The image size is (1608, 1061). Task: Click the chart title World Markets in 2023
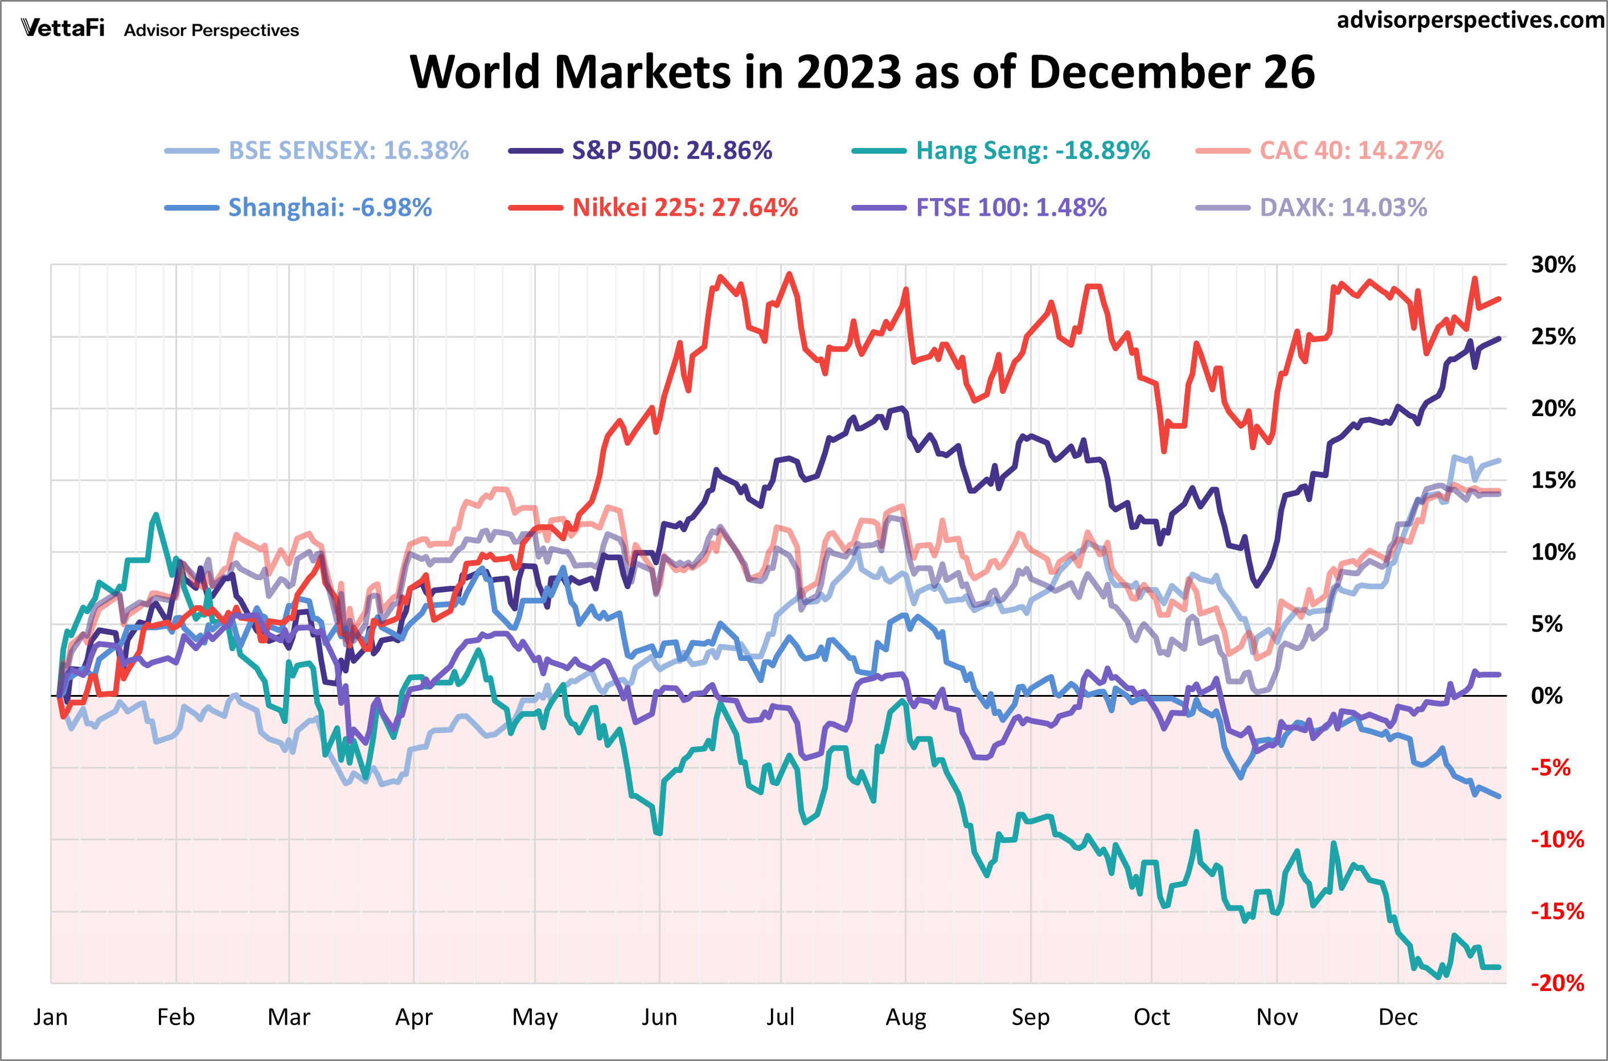click(862, 72)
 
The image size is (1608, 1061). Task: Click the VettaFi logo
click(63, 28)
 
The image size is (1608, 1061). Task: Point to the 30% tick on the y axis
click(1553, 265)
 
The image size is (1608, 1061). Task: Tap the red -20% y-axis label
click(1557, 982)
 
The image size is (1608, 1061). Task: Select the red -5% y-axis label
click(1550, 767)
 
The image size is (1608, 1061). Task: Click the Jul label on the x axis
click(780, 1017)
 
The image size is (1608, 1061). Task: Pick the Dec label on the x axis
click(1397, 1017)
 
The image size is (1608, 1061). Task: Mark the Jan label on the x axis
click(51, 1017)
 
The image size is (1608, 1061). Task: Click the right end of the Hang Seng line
click(1500, 967)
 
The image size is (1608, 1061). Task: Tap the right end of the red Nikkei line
click(1500, 298)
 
